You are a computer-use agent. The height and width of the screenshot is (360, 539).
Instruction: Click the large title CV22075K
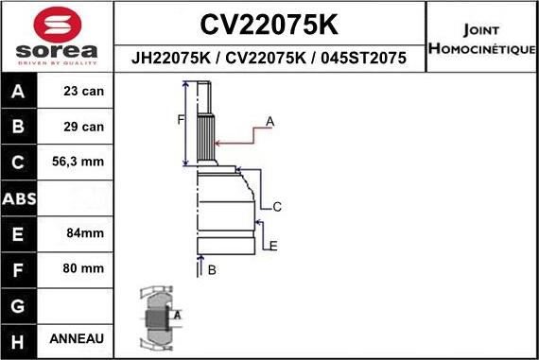click(x=269, y=23)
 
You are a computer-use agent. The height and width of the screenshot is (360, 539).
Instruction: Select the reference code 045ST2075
click(x=363, y=58)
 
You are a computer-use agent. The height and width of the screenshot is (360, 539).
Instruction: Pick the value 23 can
click(x=84, y=93)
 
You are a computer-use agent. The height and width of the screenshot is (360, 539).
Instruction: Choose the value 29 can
click(x=84, y=127)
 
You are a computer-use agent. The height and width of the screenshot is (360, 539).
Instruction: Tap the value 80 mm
click(x=84, y=267)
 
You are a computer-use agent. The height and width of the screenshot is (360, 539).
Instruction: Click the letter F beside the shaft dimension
click(x=180, y=119)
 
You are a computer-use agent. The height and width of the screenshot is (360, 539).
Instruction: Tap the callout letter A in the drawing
click(x=269, y=121)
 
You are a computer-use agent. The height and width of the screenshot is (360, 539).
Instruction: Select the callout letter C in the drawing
click(x=277, y=207)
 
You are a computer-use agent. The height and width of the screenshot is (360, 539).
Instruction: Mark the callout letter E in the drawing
click(x=272, y=247)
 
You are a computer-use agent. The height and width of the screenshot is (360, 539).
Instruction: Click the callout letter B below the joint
click(x=212, y=270)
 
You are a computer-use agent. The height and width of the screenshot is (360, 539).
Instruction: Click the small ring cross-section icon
click(x=160, y=315)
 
